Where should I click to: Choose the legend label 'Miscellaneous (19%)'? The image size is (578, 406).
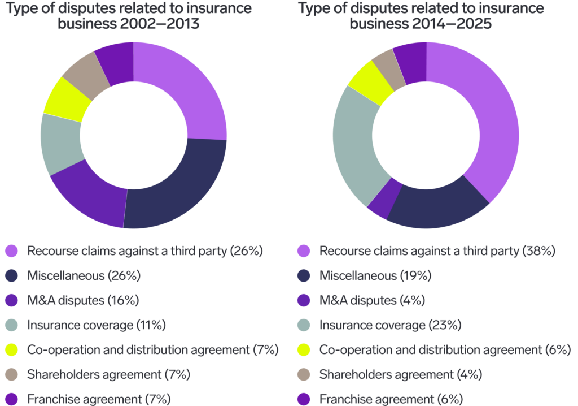click(375, 275)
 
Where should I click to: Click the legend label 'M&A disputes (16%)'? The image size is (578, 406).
click(82, 300)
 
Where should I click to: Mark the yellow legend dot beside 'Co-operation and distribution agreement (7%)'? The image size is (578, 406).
click(11, 350)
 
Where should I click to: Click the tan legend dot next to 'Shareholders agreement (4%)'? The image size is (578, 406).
click(304, 375)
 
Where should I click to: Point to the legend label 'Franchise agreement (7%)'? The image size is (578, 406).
click(99, 399)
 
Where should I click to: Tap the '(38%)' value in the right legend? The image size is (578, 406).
click(538, 250)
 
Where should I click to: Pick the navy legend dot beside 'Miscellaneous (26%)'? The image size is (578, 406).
click(11, 275)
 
